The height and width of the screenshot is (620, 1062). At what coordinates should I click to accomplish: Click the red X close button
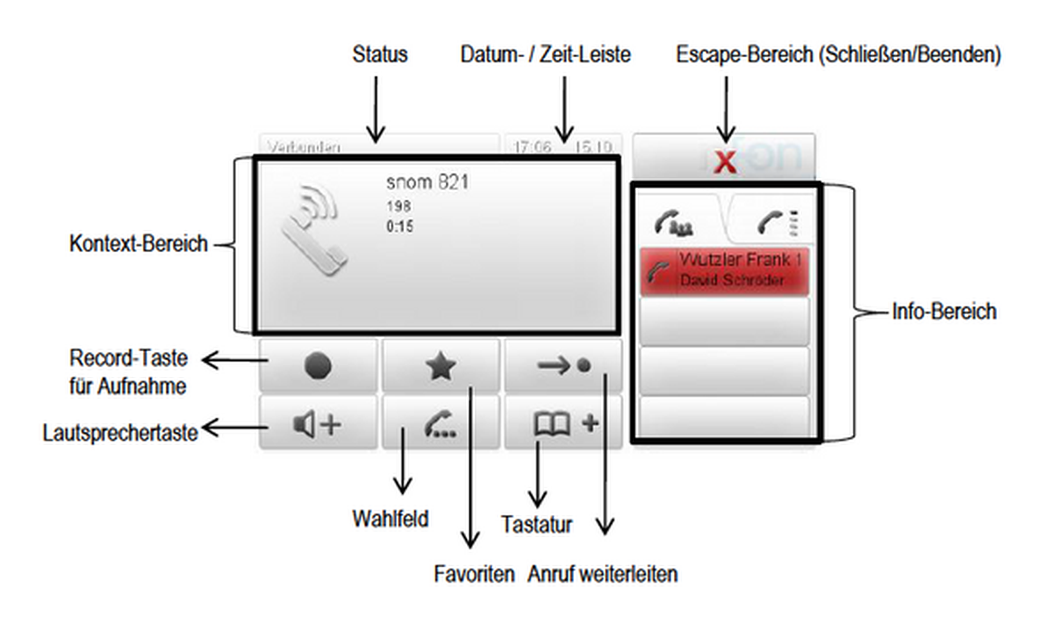(725, 161)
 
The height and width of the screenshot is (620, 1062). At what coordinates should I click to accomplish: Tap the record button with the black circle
(318, 366)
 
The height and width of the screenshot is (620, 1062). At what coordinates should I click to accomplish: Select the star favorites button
(441, 366)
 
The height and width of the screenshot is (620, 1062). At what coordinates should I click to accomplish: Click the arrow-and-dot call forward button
(563, 366)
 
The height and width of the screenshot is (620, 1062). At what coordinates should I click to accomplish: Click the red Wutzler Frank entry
(724, 271)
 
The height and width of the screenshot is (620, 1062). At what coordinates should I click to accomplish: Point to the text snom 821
(427, 182)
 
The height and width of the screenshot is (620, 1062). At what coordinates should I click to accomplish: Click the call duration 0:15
(399, 227)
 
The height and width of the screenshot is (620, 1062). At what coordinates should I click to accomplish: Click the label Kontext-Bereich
(139, 244)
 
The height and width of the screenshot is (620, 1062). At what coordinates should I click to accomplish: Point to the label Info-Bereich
(944, 312)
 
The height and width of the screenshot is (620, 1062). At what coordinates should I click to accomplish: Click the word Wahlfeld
(390, 519)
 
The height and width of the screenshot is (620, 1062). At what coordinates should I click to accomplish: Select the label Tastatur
(536, 525)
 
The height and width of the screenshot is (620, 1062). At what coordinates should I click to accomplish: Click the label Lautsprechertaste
(121, 433)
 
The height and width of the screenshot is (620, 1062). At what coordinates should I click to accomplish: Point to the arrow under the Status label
(376, 109)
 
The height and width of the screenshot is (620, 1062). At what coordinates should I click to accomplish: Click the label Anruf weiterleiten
(602, 574)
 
